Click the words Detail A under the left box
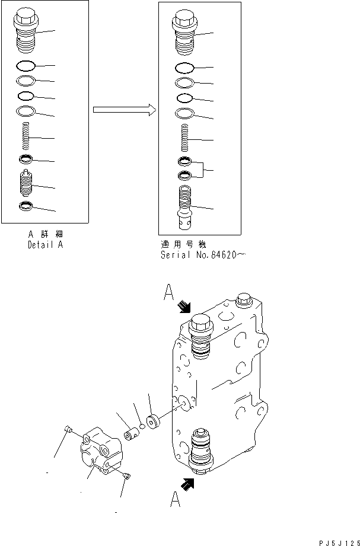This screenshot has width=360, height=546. pos(45,245)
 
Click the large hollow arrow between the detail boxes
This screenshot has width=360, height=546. pos(124,110)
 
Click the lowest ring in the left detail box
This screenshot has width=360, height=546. pos(26,206)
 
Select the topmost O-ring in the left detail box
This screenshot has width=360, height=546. pos(27,65)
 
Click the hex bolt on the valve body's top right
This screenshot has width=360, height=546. pos(241,300)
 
